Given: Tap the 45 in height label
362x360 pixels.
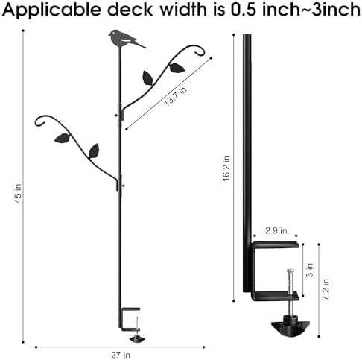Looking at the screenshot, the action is (x=18, y=194).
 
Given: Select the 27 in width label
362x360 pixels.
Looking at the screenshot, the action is (x=121, y=355).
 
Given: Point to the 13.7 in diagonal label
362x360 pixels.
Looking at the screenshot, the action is (x=175, y=96).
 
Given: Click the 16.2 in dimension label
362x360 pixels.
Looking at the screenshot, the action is (x=226, y=168).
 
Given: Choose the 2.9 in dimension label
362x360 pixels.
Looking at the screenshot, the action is (x=276, y=230).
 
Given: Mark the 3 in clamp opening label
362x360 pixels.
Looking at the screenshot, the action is (x=310, y=270).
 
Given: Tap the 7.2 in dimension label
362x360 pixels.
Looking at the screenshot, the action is (x=326, y=289).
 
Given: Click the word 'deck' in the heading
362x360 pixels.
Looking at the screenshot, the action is (x=130, y=10).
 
